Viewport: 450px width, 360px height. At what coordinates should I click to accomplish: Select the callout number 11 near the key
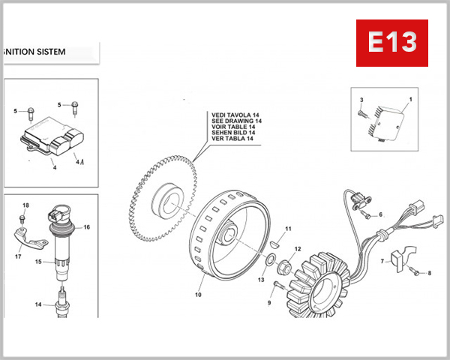click(288, 229)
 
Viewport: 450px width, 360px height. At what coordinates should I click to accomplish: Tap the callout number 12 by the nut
click(298, 249)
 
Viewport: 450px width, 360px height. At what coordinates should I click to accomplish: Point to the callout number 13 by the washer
click(262, 280)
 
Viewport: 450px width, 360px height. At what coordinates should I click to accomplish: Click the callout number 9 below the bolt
click(269, 303)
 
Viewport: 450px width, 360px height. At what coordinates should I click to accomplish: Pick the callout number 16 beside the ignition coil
click(87, 226)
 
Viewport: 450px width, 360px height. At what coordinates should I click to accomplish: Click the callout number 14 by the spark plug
click(37, 304)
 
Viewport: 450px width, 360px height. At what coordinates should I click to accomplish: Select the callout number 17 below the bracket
click(17, 256)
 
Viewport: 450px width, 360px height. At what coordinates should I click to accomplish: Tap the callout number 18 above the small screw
click(25, 205)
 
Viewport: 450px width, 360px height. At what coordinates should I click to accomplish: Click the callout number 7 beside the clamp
click(381, 262)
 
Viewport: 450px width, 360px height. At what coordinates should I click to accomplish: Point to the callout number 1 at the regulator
click(410, 100)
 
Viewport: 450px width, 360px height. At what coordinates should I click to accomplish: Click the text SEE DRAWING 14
click(237, 121)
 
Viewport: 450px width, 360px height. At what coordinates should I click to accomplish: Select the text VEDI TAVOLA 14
click(237, 115)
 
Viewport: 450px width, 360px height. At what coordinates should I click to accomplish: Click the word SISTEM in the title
click(49, 52)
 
